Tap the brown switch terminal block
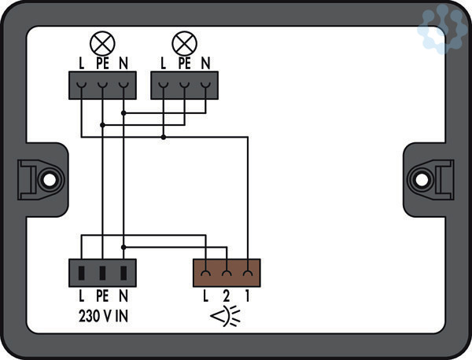(x=227, y=273)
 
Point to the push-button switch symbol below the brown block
(x=226, y=318)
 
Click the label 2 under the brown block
(x=227, y=297)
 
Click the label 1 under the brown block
(x=248, y=297)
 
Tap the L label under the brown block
(x=205, y=297)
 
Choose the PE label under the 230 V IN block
(x=102, y=297)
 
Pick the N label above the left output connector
(x=124, y=63)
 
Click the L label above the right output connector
(x=163, y=63)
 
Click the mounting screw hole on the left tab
(x=48, y=179)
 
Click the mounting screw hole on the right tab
(x=423, y=179)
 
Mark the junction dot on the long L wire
(x=163, y=138)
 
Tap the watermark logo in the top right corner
(x=443, y=29)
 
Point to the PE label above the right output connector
(x=184, y=63)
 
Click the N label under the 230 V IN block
(x=124, y=297)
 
